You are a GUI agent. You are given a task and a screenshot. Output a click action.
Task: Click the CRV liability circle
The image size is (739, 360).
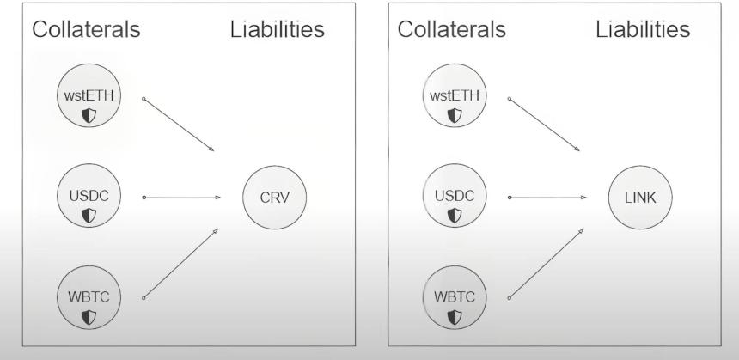coord(274,198)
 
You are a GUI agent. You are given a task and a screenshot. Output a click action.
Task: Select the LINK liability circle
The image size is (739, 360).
coord(640,198)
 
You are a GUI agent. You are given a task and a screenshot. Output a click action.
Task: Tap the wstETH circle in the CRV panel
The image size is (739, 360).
coord(89,95)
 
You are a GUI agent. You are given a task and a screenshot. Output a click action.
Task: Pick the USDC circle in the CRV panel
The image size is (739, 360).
coord(89,196)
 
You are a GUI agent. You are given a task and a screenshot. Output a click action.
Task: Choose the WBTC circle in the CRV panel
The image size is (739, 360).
coord(89,297)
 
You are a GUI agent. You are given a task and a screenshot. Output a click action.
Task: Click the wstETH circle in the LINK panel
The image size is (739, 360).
coord(455,95)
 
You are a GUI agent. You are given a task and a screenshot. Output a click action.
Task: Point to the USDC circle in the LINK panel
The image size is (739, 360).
coord(455,196)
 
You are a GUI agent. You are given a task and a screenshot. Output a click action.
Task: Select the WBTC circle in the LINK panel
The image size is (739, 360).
coord(455,297)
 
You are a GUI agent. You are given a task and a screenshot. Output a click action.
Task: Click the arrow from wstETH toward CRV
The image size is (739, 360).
coord(178,125)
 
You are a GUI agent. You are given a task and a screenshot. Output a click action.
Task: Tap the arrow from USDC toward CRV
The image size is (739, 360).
coord(181,198)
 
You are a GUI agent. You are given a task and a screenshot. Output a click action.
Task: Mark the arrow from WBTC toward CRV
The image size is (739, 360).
coord(180,264)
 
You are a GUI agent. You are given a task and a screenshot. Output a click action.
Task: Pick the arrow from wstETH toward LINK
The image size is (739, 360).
coord(544,125)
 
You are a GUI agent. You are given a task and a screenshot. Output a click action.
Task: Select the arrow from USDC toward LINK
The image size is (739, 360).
coord(547,198)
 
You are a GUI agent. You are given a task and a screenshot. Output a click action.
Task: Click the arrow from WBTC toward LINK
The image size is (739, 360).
coord(546,264)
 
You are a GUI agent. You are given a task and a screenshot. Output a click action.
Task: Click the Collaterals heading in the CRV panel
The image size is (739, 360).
coord(86,29)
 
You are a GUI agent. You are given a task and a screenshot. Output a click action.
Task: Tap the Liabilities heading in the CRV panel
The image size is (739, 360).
coord(277,29)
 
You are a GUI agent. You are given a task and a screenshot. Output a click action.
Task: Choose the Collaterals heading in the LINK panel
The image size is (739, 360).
coord(452,29)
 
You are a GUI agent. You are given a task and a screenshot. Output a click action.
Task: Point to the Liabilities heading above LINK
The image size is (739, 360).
coord(643,29)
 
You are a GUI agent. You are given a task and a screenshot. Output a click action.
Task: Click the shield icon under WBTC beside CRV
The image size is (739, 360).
coord(89,317)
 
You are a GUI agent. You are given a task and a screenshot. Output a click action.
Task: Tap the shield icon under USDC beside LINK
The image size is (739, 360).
coord(455,216)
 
